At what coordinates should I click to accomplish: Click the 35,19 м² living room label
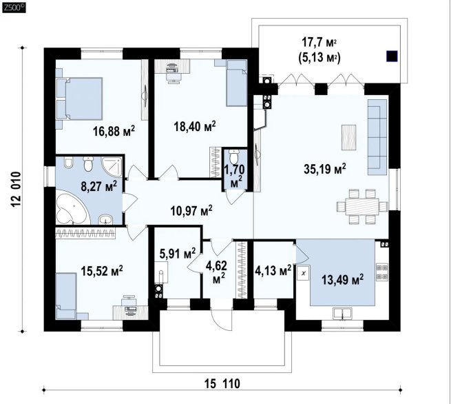(325, 169)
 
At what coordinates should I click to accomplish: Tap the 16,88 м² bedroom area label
(114, 131)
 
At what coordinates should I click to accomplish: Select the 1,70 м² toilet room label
(234, 176)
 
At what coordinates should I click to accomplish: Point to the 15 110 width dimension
(222, 383)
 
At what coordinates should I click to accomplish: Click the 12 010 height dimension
(17, 189)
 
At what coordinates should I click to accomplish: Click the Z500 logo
(14, 8)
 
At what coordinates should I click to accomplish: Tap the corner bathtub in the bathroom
(71, 207)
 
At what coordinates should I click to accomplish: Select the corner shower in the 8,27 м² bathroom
(112, 166)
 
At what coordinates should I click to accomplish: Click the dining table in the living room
(362, 206)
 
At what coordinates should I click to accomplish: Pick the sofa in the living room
(377, 137)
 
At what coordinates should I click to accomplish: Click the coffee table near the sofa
(348, 137)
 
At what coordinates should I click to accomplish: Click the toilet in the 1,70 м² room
(234, 156)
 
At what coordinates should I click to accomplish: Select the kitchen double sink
(342, 313)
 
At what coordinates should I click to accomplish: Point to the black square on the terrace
(392, 56)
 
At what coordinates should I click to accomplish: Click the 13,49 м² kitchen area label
(343, 279)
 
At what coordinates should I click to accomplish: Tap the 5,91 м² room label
(178, 254)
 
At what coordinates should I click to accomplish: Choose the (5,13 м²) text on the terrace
(319, 58)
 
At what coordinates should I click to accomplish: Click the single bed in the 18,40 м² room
(236, 83)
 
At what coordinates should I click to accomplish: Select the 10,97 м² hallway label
(191, 210)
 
